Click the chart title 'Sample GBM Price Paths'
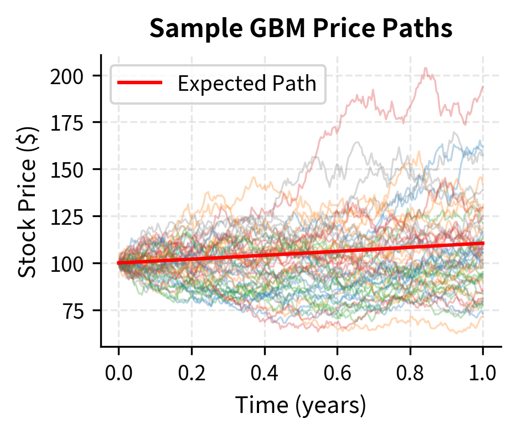tap(301, 29)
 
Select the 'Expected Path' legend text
tap(246, 84)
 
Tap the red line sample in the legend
tap(139, 84)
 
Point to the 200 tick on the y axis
tap(68, 76)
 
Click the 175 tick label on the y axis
tap(68, 122)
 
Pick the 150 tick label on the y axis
tap(68, 169)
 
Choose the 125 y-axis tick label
tap(68, 216)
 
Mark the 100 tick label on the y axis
tap(68, 263)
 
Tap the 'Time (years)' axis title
tap(301, 406)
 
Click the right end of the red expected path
tap(483, 243)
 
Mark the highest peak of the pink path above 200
tap(425, 68)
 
